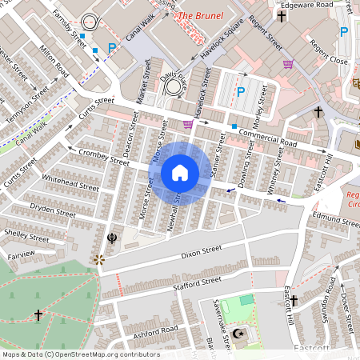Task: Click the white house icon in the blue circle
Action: [x=180, y=173]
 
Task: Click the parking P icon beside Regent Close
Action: [x=343, y=32]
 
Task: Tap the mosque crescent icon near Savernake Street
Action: [x=237, y=333]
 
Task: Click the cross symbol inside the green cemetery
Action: [x=38, y=315]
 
